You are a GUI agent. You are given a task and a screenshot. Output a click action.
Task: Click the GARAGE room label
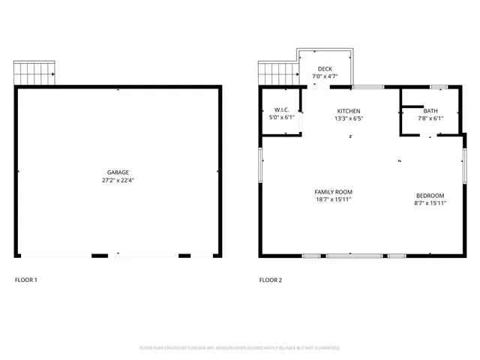coord(117,172)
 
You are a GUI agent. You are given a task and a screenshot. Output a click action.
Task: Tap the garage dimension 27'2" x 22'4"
coord(117,180)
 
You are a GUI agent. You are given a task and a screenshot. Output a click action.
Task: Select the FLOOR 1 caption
coord(26,280)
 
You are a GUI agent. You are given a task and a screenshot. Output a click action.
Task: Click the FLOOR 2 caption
coord(271,280)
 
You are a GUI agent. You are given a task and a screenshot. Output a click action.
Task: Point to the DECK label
coord(325,68)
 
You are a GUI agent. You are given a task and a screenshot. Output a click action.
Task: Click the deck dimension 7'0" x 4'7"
coord(325,76)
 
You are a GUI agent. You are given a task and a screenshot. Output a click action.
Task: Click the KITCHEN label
coord(348,111)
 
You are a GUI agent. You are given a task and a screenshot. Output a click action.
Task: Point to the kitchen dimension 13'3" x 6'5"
coord(348,118)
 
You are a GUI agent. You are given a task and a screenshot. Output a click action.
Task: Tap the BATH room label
coord(430,111)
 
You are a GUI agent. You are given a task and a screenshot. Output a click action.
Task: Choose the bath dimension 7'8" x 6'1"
coord(430,118)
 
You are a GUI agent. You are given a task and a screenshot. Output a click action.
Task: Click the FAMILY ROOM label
coord(333,193)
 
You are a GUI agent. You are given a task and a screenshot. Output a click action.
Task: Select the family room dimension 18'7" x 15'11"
coord(333,200)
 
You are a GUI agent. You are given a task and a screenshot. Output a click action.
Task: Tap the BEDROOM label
coord(430,195)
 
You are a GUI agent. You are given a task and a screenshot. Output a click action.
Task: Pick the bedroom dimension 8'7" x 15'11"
coord(430,202)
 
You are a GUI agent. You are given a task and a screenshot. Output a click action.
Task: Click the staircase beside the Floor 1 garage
coord(34,73)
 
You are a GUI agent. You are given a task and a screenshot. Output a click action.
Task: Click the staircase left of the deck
coord(278,73)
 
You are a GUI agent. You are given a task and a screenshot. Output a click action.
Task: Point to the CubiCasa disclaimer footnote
coord(240,348)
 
